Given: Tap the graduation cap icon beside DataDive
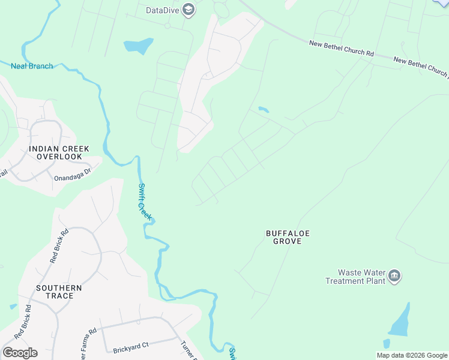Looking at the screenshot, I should coord(188,10).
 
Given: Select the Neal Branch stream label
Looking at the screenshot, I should coord(32,65).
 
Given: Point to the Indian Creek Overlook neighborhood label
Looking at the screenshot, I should coord(59,152).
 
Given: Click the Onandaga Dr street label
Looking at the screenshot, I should coord(72,170).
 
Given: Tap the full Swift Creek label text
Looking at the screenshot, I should coord(142,200).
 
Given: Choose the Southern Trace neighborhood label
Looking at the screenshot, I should coord(59,292).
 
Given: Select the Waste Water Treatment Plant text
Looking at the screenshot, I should coord(355,277).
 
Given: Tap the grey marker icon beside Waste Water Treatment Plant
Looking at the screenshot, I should coord(394,276).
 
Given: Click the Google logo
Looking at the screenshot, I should coord(20,353).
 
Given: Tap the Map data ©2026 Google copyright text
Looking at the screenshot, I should coord(412,355).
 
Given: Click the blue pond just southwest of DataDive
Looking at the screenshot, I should coord(138,46).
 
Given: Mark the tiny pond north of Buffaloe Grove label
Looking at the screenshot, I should coord(263,110).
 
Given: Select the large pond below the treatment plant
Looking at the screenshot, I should coord(401,322).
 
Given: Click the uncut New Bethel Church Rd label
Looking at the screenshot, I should coord(341,48).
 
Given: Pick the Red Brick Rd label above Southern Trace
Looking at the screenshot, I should coord(59,245).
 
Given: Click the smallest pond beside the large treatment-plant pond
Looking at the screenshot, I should coord(386,344).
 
